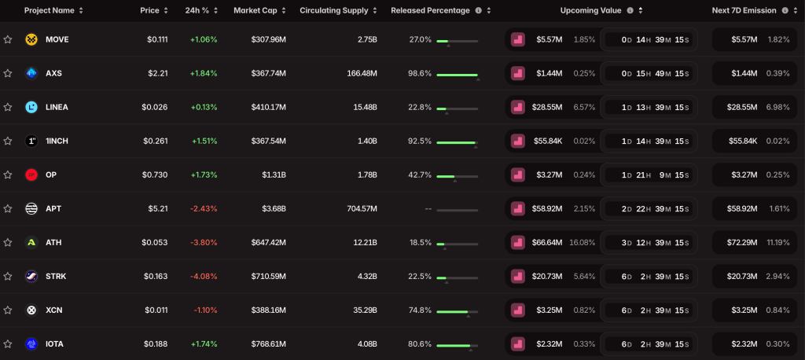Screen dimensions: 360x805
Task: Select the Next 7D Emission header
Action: coord(744,11)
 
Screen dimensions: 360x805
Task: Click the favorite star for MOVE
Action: coord(8,39)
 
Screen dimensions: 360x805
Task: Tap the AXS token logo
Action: coord(31,73)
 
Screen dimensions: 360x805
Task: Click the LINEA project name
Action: coord(57,107)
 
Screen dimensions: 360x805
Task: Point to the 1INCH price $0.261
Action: coord(156,141)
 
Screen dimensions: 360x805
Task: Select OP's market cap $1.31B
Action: coord(274,174)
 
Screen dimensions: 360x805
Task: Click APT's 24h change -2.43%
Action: coord(204,208)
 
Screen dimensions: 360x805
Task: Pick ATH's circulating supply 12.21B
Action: coord(363,242)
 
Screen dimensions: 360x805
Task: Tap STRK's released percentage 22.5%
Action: coord(420,276)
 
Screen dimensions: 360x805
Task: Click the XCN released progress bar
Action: coord(457,311)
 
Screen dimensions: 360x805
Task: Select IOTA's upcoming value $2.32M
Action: coord(549,343)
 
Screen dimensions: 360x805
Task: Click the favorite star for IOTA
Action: coord(8,343)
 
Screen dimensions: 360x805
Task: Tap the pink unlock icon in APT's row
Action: coord(517,208)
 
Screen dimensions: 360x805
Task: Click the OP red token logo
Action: coord(31,174)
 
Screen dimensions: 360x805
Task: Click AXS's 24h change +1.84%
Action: coord(204,73)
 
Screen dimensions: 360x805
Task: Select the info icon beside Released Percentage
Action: coord(478,11)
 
